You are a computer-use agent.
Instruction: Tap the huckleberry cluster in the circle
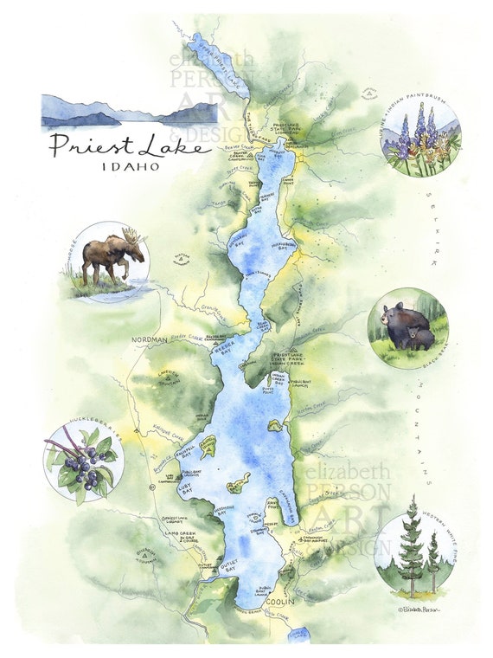(x=82, y=468)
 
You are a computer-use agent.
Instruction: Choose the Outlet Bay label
(x=225, y=569)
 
